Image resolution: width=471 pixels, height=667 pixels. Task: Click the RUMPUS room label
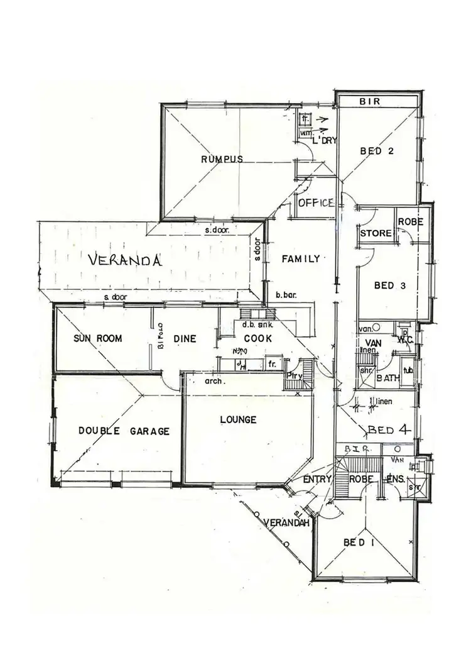pyautogui.click(x=222, y=159)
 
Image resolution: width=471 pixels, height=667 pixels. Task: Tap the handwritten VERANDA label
pyautogui.click(x=125, y=260)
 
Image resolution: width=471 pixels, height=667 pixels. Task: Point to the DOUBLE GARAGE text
pyautogui.click(x=124, y=431)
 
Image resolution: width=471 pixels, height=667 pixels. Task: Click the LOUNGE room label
pyautogui.click(x=238, y=419)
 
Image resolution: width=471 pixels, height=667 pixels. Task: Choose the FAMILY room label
pyautogui.click(x=301, y=258)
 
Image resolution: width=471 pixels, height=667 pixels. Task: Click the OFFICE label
pyautogui.click(x=315, y=203)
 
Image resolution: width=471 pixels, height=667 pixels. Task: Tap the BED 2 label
pyautogui.click(x=377, y=150)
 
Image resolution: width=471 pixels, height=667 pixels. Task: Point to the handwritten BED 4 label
pyautogui.click(x=389, y=431)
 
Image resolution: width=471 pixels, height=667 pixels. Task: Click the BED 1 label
pyautogui.click(x=358, y=543)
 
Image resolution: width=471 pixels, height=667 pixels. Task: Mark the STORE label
pyautogui.click(x=376, y=233)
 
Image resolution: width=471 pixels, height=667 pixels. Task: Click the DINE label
pyautogui.click(x=185, y=338)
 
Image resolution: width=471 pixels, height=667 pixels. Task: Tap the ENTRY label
pyautogui.click(x=317, y=480)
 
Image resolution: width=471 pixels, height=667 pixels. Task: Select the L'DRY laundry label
pyautogui.click(x=326, y=140)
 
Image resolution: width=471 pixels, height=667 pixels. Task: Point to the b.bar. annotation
pyautogui.click(x=286, y=294)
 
